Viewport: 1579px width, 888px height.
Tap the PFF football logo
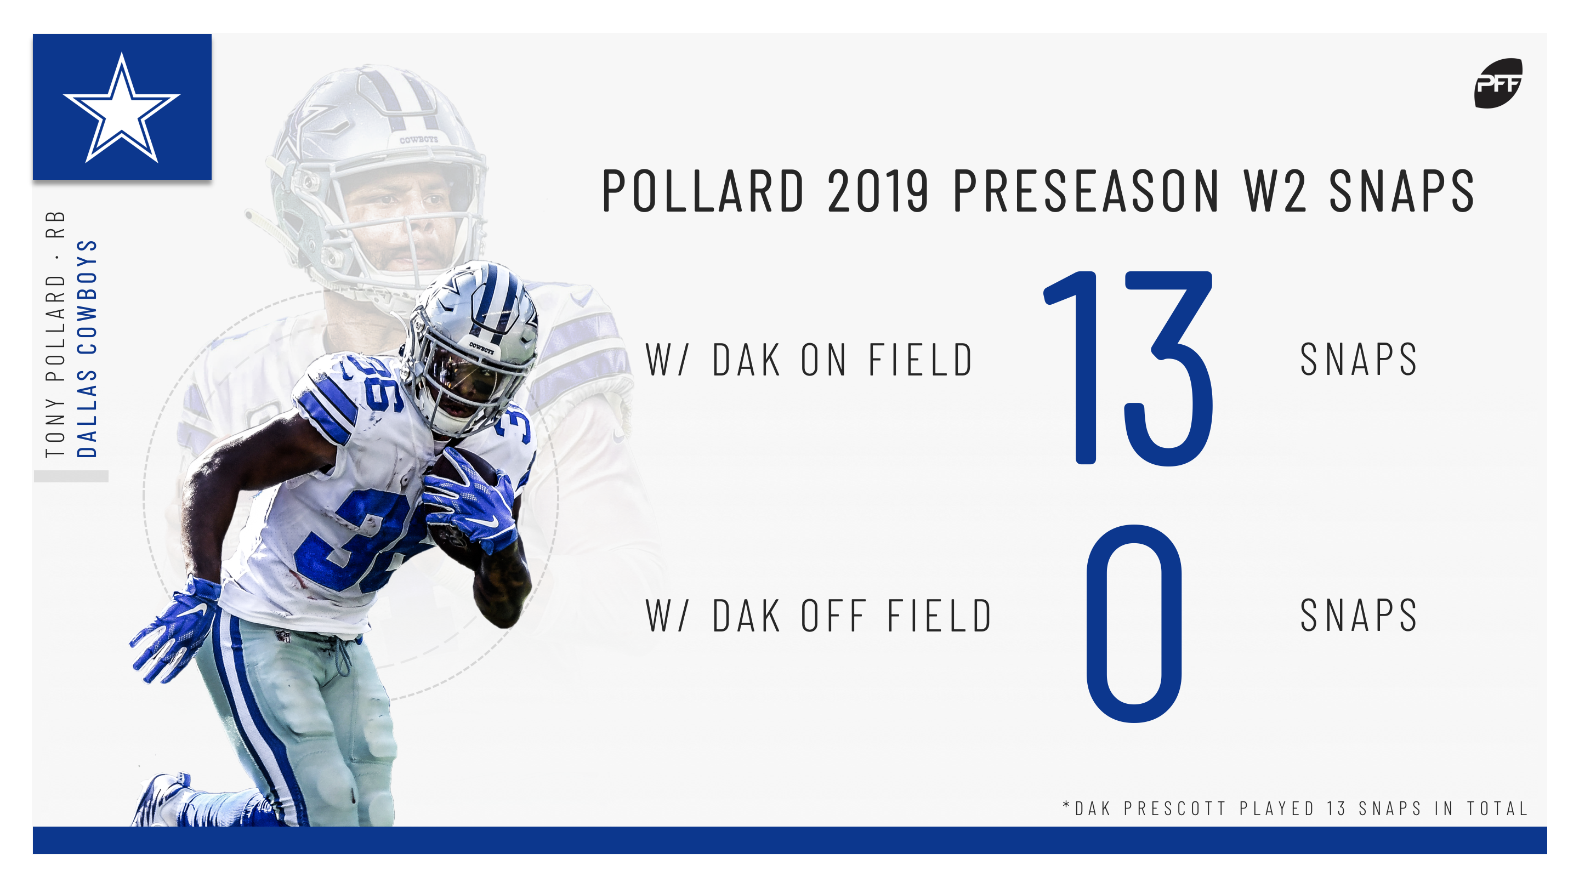[x=1497, y=83]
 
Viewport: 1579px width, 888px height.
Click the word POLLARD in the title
[x=702, y=191]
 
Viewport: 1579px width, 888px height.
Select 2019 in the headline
[x=877, y=191]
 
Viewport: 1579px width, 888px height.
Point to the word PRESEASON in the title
[x=1086, y=191]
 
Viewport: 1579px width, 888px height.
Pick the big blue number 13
[x=1128, y=368]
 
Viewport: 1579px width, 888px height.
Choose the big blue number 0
[x=1134, y=623]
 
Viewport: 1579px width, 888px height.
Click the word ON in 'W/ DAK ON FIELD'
[x=824, y=360]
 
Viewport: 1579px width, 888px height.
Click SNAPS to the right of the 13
[x=1359, y=360]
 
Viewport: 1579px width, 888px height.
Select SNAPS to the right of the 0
[x=1359, y=616]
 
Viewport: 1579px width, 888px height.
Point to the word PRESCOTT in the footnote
[x=1174, y=809]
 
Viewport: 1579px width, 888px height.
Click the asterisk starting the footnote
[x=1066, y=805]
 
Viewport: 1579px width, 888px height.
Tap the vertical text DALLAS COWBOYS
[x=87, y=348]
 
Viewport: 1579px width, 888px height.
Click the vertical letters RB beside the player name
[x=55, y=224]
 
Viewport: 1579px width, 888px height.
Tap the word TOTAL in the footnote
[x=1497, y=809]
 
